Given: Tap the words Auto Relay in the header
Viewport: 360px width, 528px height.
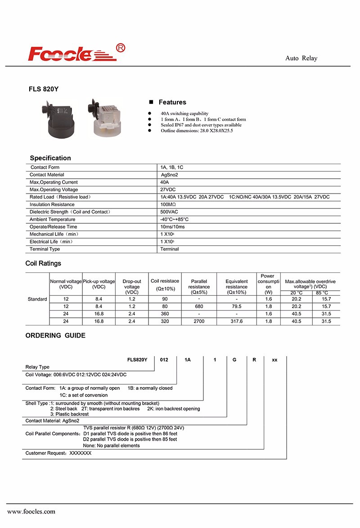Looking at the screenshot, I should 301,59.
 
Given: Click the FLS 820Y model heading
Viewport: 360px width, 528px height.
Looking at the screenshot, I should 44,89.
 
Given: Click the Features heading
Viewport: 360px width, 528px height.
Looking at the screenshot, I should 172,102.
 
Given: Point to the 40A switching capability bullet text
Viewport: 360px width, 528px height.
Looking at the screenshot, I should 184,113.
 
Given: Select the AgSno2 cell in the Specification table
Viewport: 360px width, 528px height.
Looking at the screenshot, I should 170,175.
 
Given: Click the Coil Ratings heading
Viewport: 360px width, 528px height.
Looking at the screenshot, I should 43,263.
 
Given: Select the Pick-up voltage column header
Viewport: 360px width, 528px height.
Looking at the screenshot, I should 99,284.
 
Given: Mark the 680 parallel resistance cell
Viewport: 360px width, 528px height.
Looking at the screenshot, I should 199,307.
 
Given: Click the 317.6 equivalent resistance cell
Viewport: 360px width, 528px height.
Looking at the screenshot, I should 237,321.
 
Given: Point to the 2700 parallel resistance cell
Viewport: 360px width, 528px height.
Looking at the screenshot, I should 199,321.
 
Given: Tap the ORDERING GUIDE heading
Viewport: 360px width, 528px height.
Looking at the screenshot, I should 55,335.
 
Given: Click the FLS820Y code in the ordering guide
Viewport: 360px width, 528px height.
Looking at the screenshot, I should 137,360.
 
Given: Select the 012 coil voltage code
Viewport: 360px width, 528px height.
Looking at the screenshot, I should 165,360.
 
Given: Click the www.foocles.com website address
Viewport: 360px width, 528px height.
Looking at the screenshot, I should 31,511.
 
